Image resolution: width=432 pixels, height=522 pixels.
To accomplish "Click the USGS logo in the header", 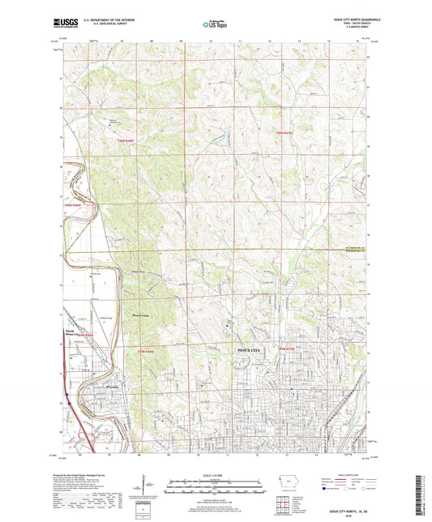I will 63,25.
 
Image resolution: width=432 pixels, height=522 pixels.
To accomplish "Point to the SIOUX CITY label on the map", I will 247,349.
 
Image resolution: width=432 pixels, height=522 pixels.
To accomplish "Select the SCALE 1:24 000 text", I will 215,475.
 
